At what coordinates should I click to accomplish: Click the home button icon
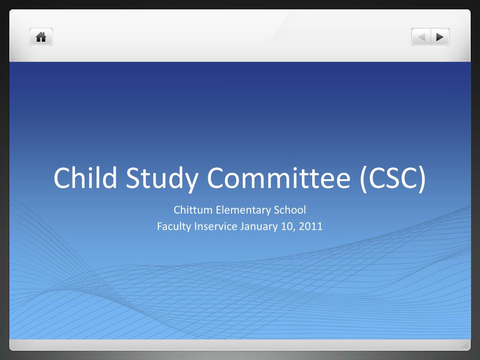(x=41, y=37)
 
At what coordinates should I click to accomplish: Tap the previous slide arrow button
(x=421, y=37)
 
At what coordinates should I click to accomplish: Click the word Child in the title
(x=85, y=178)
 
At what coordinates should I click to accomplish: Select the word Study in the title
(x=162, y=179)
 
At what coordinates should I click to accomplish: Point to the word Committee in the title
(x=279, y=178)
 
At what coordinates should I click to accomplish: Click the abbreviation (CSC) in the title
(x=393, y=179)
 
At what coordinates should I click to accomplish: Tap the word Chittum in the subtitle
(x=193, y=210)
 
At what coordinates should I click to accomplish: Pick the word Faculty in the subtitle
(x=174, y=227)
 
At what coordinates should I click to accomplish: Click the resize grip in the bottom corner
(x=465, y=345)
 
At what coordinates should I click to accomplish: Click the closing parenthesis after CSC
(x=422, y=180)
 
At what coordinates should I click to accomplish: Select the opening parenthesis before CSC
(x=364, y=180)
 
